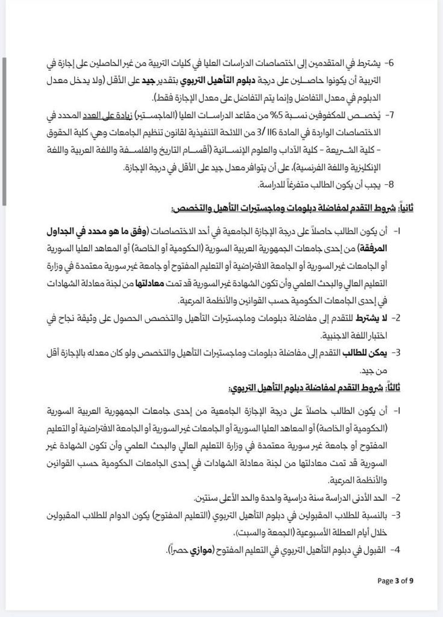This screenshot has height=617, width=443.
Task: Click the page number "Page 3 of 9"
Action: click(395, 581)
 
